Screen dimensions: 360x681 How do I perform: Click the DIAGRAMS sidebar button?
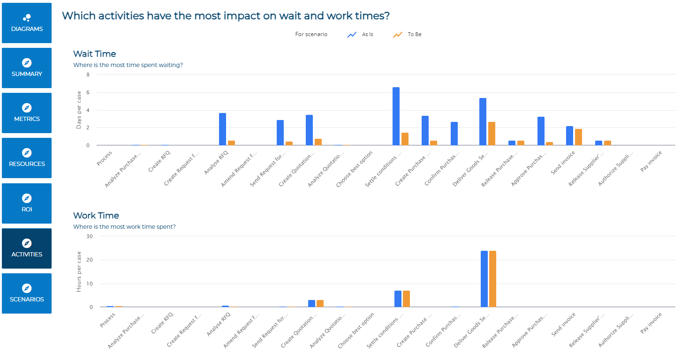tap(27, 23)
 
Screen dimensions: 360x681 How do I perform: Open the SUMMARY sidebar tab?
tap(27, 68)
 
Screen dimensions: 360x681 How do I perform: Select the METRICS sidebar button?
tap(27, 113)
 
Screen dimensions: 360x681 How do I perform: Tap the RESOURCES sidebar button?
tap(27, 158)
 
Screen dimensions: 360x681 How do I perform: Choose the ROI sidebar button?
tap(27, 203)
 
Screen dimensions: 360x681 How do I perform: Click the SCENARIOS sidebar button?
tap(27, 293)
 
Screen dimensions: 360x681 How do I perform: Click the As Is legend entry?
tap(360, 34)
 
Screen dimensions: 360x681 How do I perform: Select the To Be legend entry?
tap(407, 34)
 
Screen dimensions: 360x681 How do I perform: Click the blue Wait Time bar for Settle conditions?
tap(396, 116)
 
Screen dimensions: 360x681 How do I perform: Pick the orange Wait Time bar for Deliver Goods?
tap(492, 134)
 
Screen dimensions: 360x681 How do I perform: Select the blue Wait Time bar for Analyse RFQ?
tap(223, 129)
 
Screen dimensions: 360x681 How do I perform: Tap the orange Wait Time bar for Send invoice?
tap(578, 137)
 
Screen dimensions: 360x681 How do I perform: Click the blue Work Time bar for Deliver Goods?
tap(484, 279)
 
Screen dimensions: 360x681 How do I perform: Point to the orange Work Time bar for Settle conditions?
tap(406, 299)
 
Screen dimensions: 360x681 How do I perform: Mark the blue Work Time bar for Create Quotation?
tap(311, 303)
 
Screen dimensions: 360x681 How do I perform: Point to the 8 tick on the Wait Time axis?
tap(88, 75)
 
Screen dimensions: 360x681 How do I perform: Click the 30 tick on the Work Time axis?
tap(90, 236)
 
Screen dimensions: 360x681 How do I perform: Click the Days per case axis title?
tap(79, 110)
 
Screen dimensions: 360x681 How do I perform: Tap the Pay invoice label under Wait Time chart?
tap(651, 161)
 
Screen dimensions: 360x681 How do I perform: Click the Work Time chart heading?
tap(96, 216)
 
